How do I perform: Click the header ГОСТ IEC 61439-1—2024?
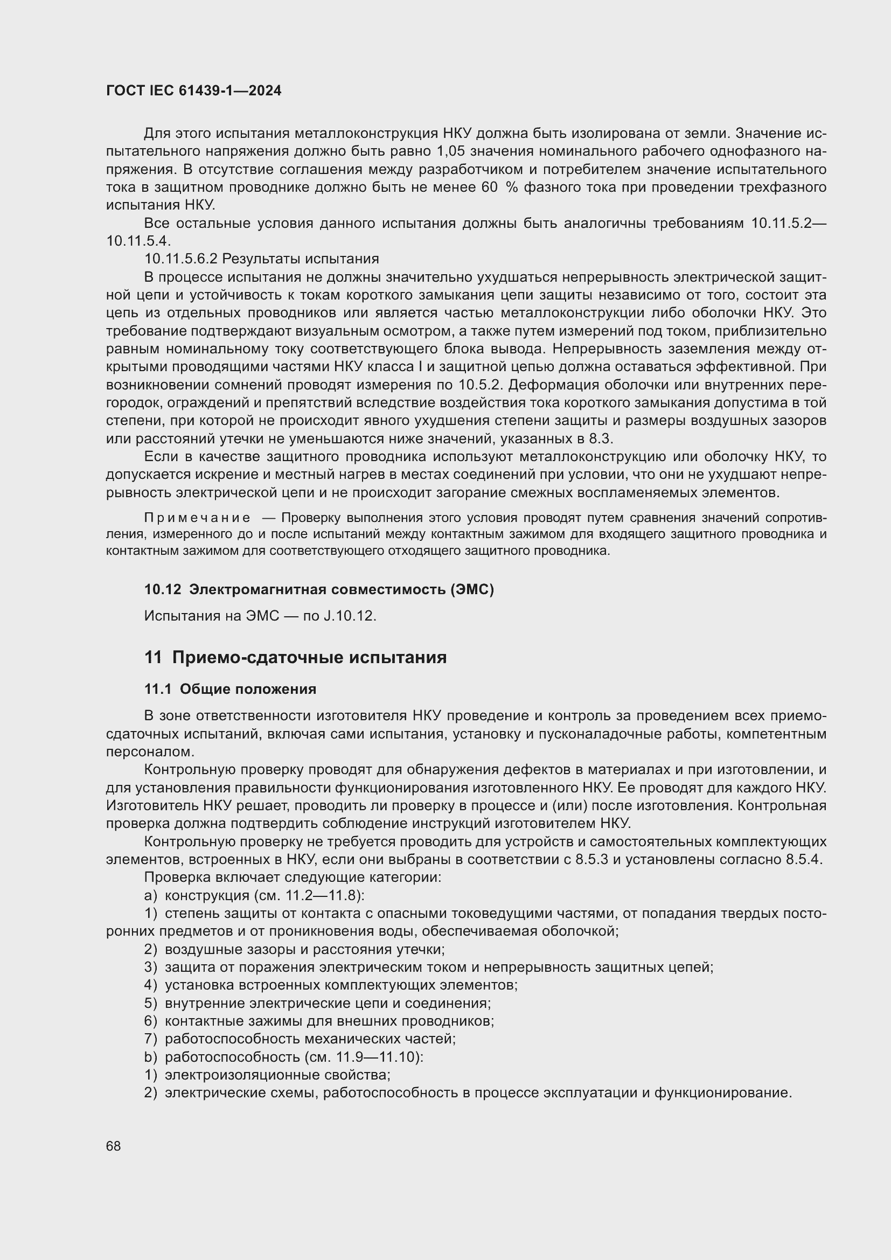click(194, 91)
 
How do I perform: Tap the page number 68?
click(114, 1146)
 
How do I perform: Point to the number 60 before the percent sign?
click(489, 187)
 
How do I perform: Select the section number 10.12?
click(162, 590)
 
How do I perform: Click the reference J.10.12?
click(350, 616)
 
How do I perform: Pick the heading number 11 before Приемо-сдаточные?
click(153, 657)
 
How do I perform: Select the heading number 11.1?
click(158, 690)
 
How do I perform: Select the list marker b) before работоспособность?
click(150, 1057)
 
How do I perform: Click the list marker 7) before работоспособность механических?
click(150, 1039)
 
